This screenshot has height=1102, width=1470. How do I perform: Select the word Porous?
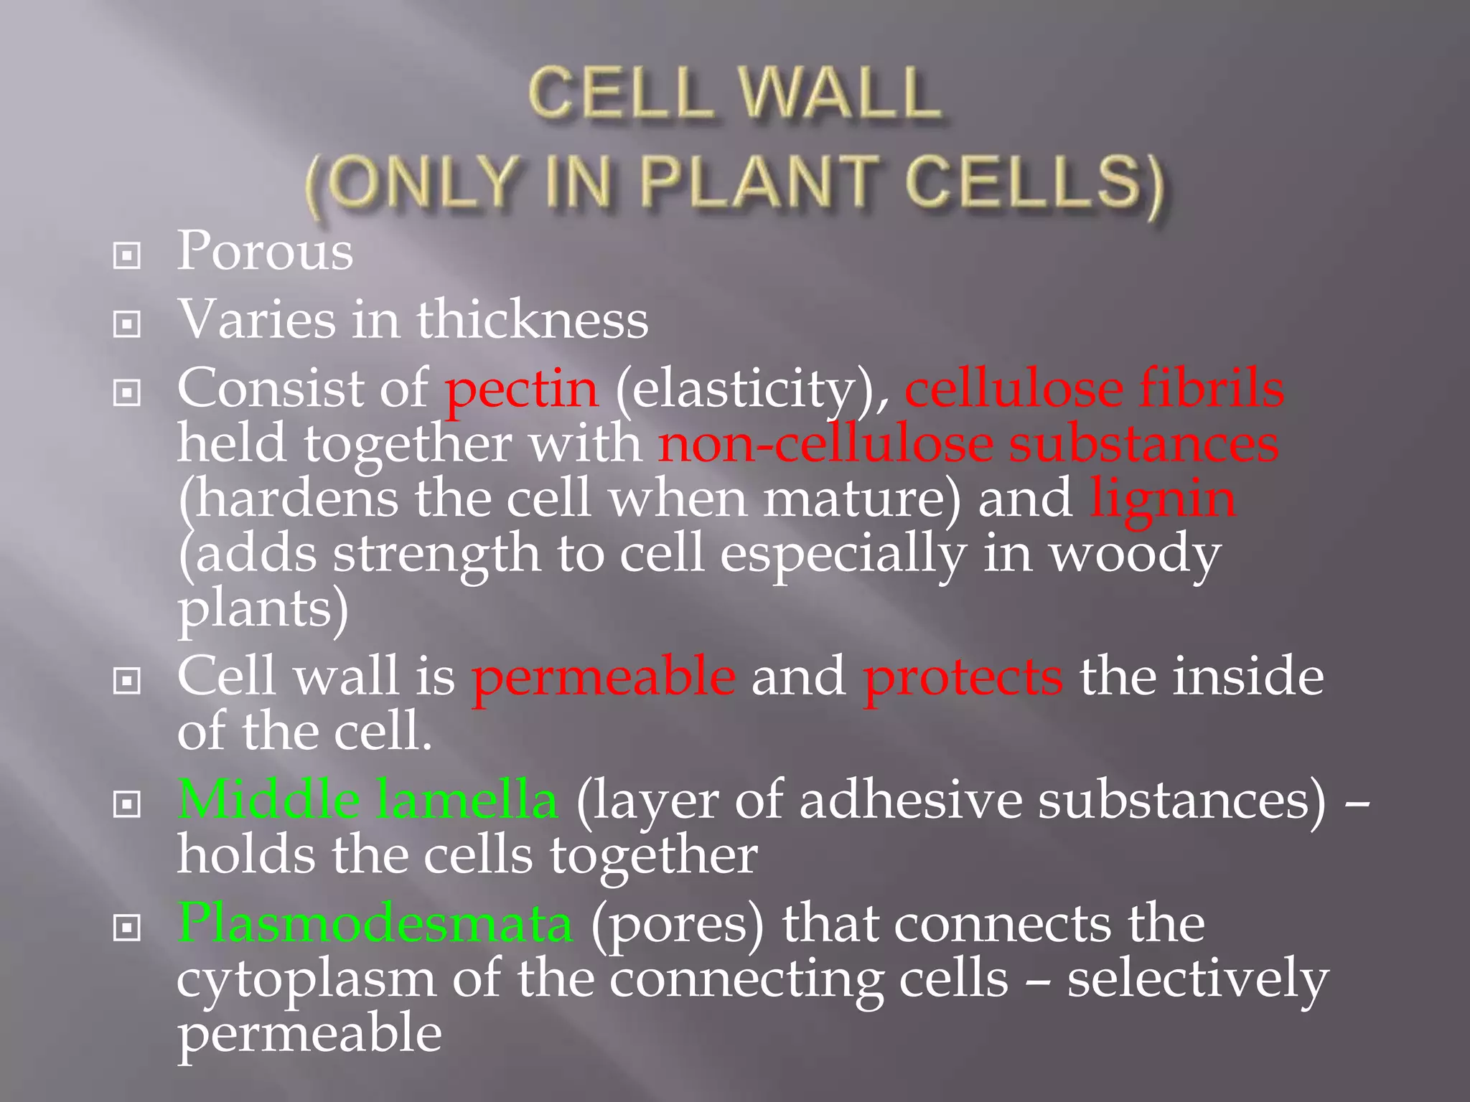tap(265, 251)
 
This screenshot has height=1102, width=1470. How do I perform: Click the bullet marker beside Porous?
tap(127, 255)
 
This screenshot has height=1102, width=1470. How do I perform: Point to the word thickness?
tap(533, 319)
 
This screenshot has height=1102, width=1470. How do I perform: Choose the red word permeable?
tap(603, 678)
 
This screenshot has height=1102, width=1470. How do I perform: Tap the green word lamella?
tap(467, 799)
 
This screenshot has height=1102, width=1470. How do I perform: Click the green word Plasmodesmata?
tap(375, 923)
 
